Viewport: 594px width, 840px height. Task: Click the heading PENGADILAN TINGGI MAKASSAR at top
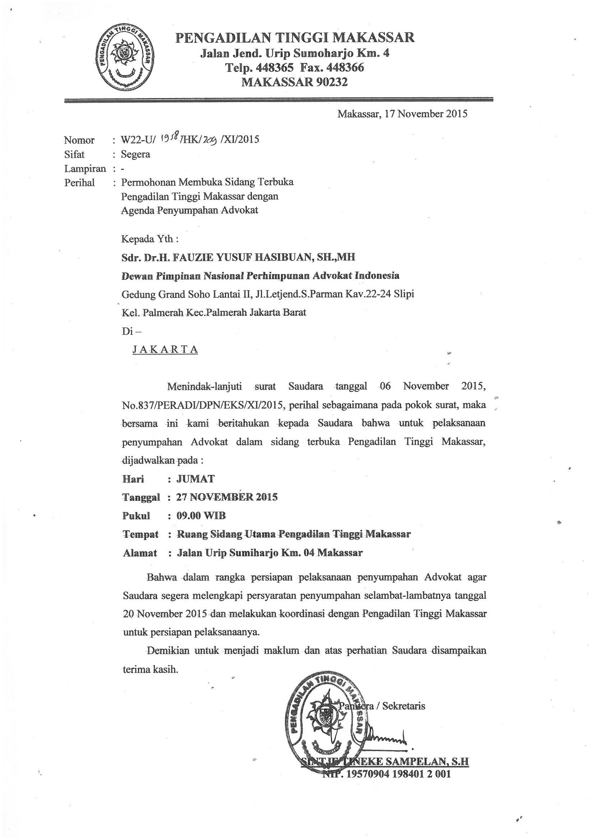295,38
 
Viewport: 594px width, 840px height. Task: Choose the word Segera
135,154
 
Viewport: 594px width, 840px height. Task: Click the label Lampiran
85,169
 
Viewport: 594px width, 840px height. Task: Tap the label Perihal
79,183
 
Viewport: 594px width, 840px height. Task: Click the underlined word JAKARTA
165,349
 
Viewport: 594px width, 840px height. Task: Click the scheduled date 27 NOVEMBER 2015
227,497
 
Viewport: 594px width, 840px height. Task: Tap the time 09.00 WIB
201,516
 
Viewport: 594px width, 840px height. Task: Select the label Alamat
140,553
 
